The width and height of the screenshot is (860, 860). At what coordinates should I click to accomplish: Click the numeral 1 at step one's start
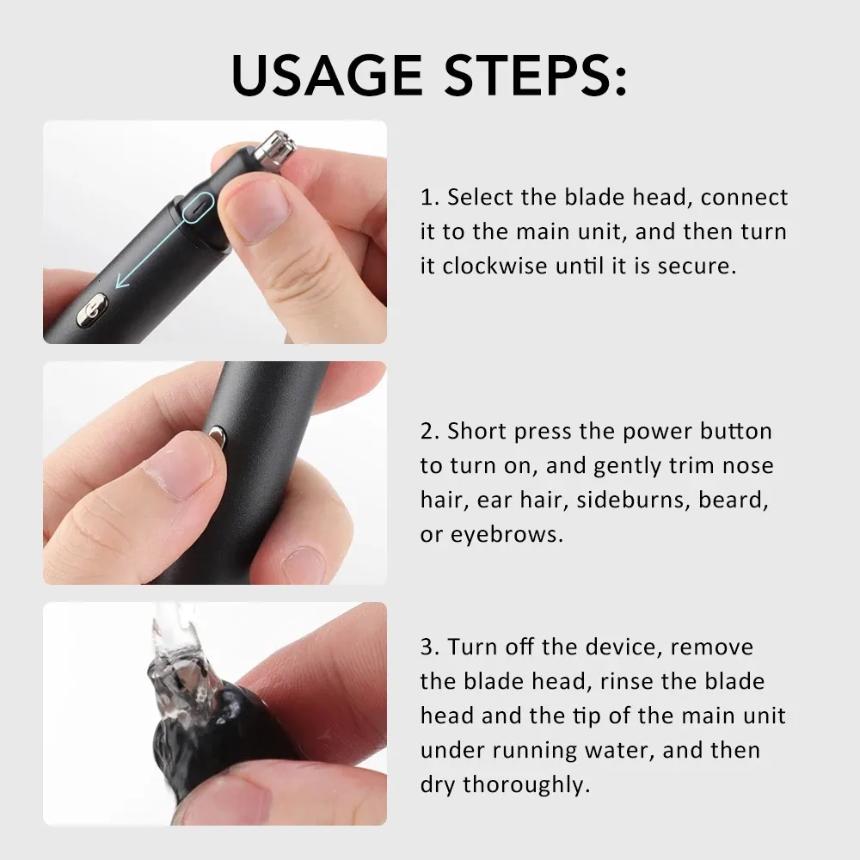pyautogui.click(x=427, y=198)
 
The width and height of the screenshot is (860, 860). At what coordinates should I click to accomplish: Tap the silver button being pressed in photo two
pyautogui.click(x=216, y=439)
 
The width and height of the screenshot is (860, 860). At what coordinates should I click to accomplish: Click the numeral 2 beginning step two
pyautogui.click(x=427, y=431)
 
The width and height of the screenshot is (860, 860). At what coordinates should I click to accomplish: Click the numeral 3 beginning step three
pyautogui.click(x=427, y=647)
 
